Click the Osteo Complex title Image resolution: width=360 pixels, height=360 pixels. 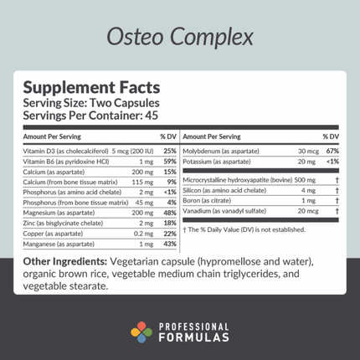[179, 38]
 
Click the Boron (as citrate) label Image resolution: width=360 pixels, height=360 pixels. [207, 201]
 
